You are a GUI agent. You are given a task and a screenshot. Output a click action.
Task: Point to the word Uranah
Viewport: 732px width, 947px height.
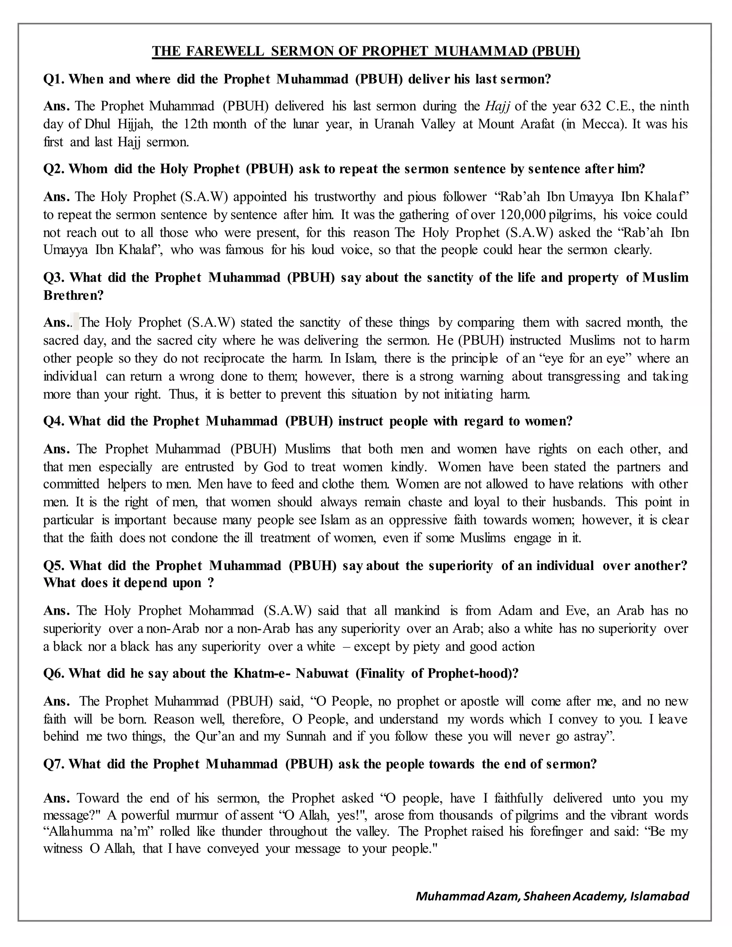pyautogui.click(x=393, y=124)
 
